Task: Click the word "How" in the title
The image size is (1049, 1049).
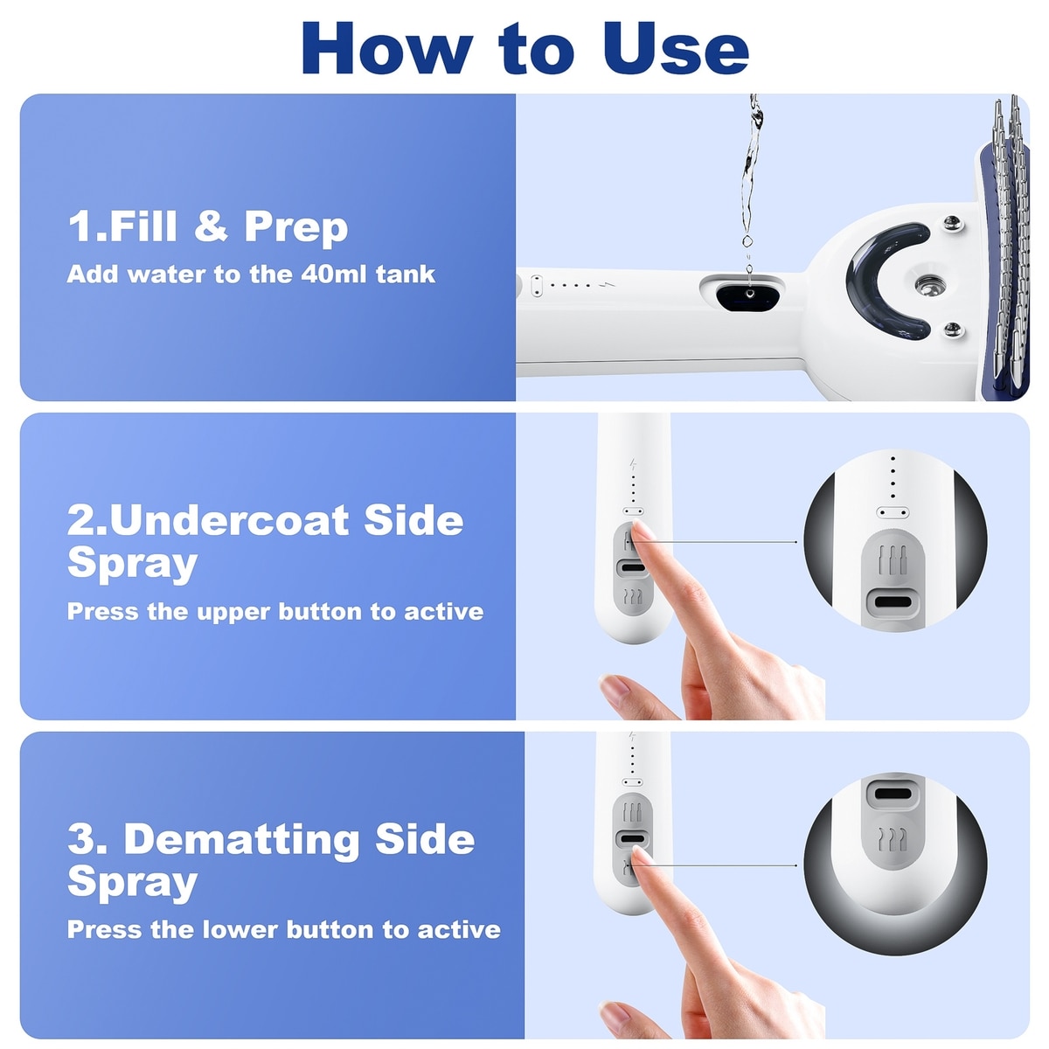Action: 387,48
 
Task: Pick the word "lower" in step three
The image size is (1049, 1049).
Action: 240,929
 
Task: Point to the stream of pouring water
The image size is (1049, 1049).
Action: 751,180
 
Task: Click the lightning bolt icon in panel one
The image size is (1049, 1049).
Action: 607,284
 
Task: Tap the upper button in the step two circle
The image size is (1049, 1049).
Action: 893,560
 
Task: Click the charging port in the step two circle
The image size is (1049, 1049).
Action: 892,602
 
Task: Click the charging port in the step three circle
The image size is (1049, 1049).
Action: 892,793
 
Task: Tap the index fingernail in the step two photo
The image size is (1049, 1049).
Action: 643,530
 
